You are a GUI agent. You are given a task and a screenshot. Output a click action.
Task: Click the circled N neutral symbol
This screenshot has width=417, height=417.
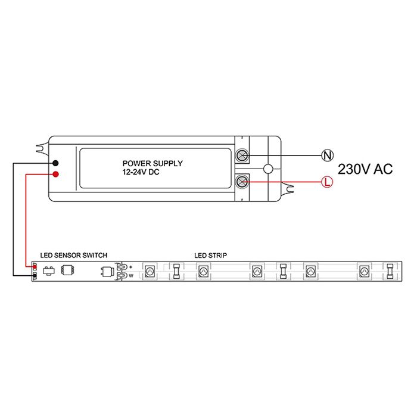pos(328,155)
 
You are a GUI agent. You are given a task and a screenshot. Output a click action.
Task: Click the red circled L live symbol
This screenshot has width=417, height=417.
pos(327,182)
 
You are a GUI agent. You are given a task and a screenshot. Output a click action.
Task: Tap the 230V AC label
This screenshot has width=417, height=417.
pos(365,169)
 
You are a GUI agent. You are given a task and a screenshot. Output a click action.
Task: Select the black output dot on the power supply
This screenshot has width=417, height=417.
pos(55,163)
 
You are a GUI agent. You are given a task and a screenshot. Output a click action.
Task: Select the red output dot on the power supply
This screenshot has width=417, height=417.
pos(55,174)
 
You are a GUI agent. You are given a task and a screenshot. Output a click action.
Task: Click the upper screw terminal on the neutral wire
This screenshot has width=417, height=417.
pos(242,155)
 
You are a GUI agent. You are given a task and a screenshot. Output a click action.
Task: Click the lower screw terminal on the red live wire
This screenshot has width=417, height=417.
pos(242,182)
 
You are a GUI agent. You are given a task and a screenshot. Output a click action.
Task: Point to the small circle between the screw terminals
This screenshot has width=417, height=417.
pos(268,169)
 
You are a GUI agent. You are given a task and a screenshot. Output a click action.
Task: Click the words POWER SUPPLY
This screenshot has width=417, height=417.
pos(153,163)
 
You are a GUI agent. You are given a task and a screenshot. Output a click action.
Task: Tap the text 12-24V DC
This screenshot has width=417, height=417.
pos(141,172)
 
